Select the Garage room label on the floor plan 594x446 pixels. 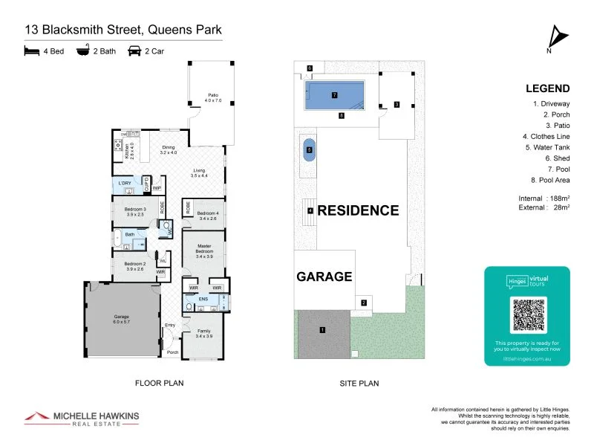click(121, 320)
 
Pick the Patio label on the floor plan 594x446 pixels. click(213, 97)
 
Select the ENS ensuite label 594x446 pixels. click(203, 299)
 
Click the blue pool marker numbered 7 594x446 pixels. click(335, 95)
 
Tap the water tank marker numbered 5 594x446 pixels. click(309, 150)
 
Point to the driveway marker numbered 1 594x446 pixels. click(322, 329)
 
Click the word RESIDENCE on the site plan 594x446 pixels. click(358, 210)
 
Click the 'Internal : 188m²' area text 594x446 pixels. click(544, 198)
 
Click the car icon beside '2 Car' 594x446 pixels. click(135, 52)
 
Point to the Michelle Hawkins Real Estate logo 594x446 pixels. click(82, 418)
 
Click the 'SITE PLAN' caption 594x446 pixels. click(359, 384)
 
